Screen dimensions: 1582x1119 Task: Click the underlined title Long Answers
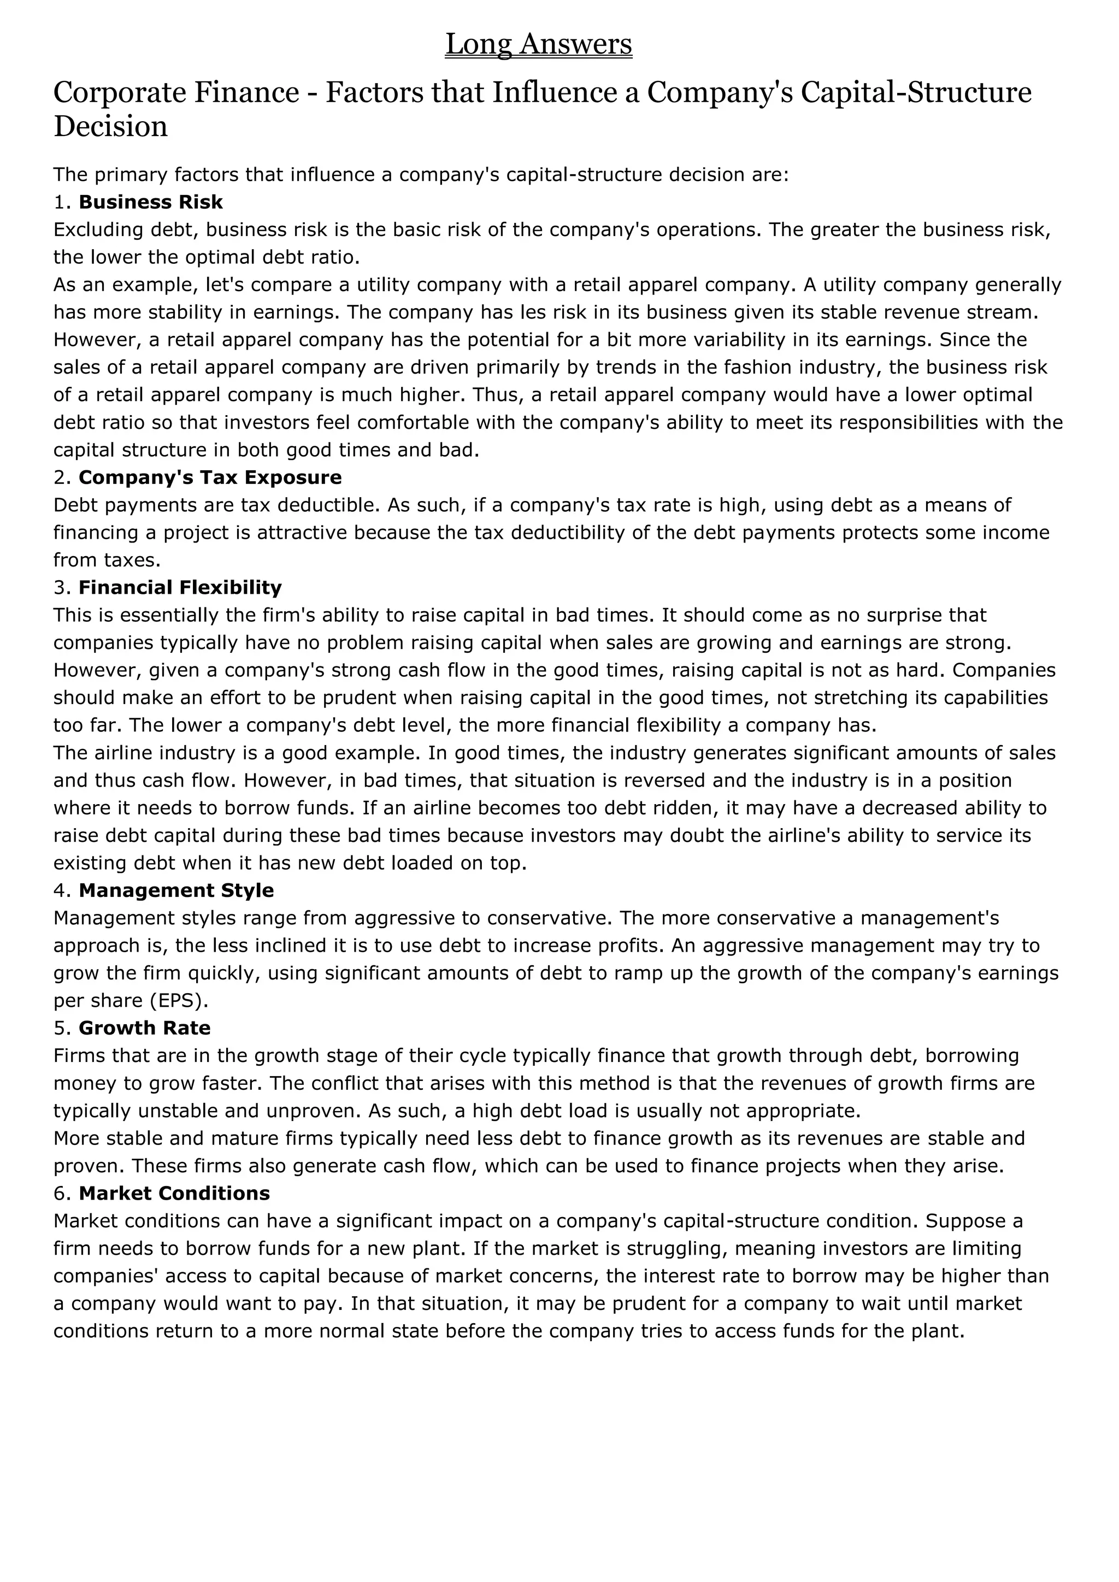click(538, 44)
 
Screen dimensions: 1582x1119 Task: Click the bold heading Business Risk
click(150, 202)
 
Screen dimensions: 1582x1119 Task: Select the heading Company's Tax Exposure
click(210, 477)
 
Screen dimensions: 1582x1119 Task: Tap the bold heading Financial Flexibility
click(180, 588)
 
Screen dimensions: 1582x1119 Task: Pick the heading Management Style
click(176, 890)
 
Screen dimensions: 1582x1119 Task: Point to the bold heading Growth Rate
click(145, 1028)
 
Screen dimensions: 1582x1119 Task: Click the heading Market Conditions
click(174, 1194)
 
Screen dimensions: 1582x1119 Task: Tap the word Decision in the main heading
click(111, 127)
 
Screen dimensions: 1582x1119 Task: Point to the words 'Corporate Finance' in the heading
click(176, 92)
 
